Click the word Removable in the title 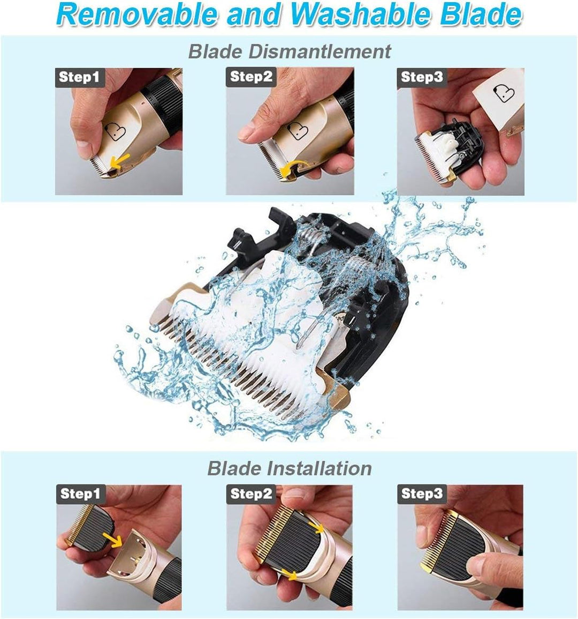pos(136,14)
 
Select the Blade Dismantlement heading pos(290,51)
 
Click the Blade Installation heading pos(290,468)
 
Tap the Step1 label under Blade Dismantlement pos(79,77)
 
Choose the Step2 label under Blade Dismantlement pos(251,77)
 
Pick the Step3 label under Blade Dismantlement pos(422,77)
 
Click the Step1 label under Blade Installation pos(81,494)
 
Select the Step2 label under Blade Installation pos(251,494)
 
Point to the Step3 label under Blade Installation pos(422,494)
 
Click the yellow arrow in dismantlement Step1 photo pos(120,161)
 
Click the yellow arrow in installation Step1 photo pos(113,540)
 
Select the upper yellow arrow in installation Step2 pos(316,527)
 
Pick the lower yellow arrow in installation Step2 pos(291,575)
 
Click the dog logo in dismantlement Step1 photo pos(115,131)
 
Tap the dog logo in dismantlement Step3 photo pos(504,94)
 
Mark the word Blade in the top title pos(481,14)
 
